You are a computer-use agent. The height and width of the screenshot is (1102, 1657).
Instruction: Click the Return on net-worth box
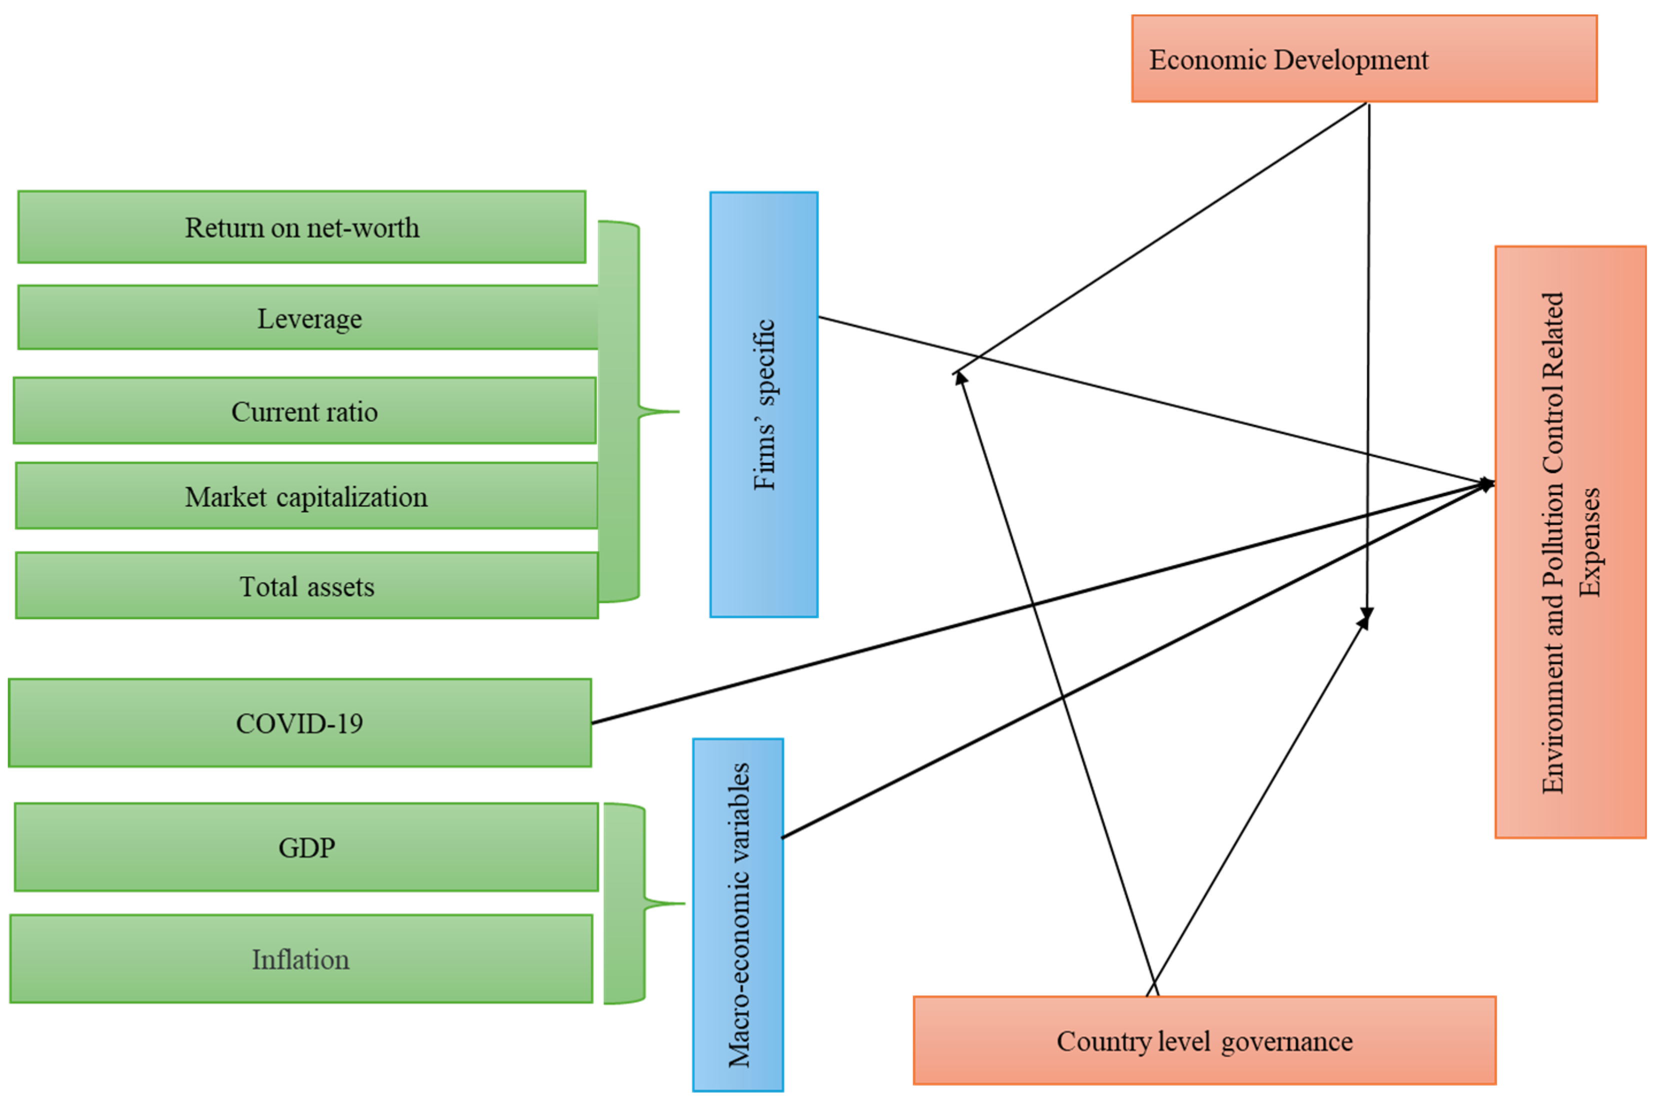(301, 227)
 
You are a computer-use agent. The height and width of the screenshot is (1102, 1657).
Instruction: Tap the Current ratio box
(304, 411)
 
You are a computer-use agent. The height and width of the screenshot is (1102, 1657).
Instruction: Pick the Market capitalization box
(306, 496)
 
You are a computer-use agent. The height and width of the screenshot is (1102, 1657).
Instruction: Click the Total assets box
(306, 585)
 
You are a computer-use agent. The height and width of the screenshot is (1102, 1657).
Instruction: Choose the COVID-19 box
(299, 723)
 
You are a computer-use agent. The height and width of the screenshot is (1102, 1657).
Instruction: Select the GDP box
(306, 847)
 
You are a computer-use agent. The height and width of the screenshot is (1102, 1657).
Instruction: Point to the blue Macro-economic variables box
(738, 915)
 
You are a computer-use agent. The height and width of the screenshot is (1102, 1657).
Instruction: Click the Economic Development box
(1364, 59)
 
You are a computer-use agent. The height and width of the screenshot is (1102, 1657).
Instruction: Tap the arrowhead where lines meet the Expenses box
(1486, 484)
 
